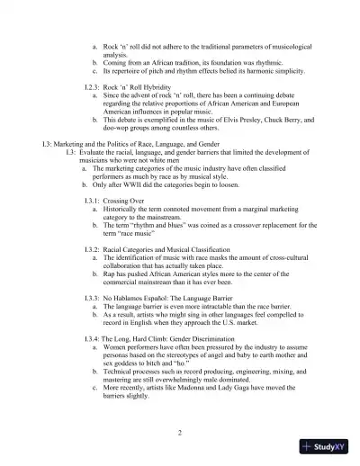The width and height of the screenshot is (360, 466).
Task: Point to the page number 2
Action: (x=180, y=433)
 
